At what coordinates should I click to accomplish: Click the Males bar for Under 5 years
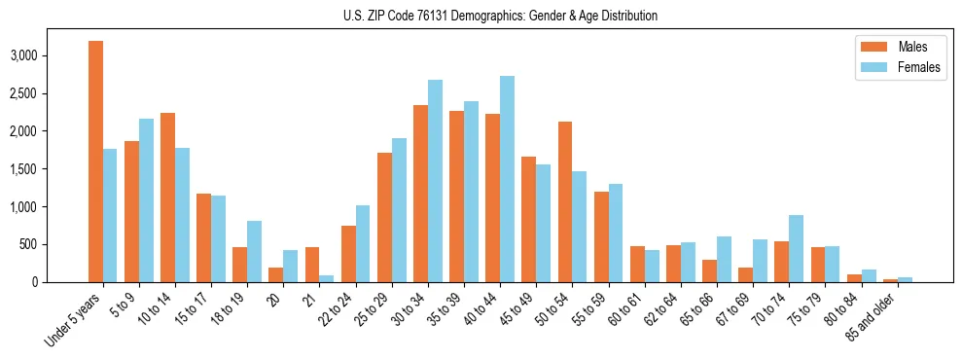(x=95, y=162)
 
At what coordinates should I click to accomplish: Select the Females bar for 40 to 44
(x=507, y=179)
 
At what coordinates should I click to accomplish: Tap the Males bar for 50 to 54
(x=564, y=201)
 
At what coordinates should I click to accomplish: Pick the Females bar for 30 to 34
(x=435, y=181)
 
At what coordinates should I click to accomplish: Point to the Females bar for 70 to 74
(x=796, y=248)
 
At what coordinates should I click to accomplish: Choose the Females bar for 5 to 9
(x=146, y=200)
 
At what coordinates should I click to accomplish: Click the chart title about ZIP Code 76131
(x=500, y=16)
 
